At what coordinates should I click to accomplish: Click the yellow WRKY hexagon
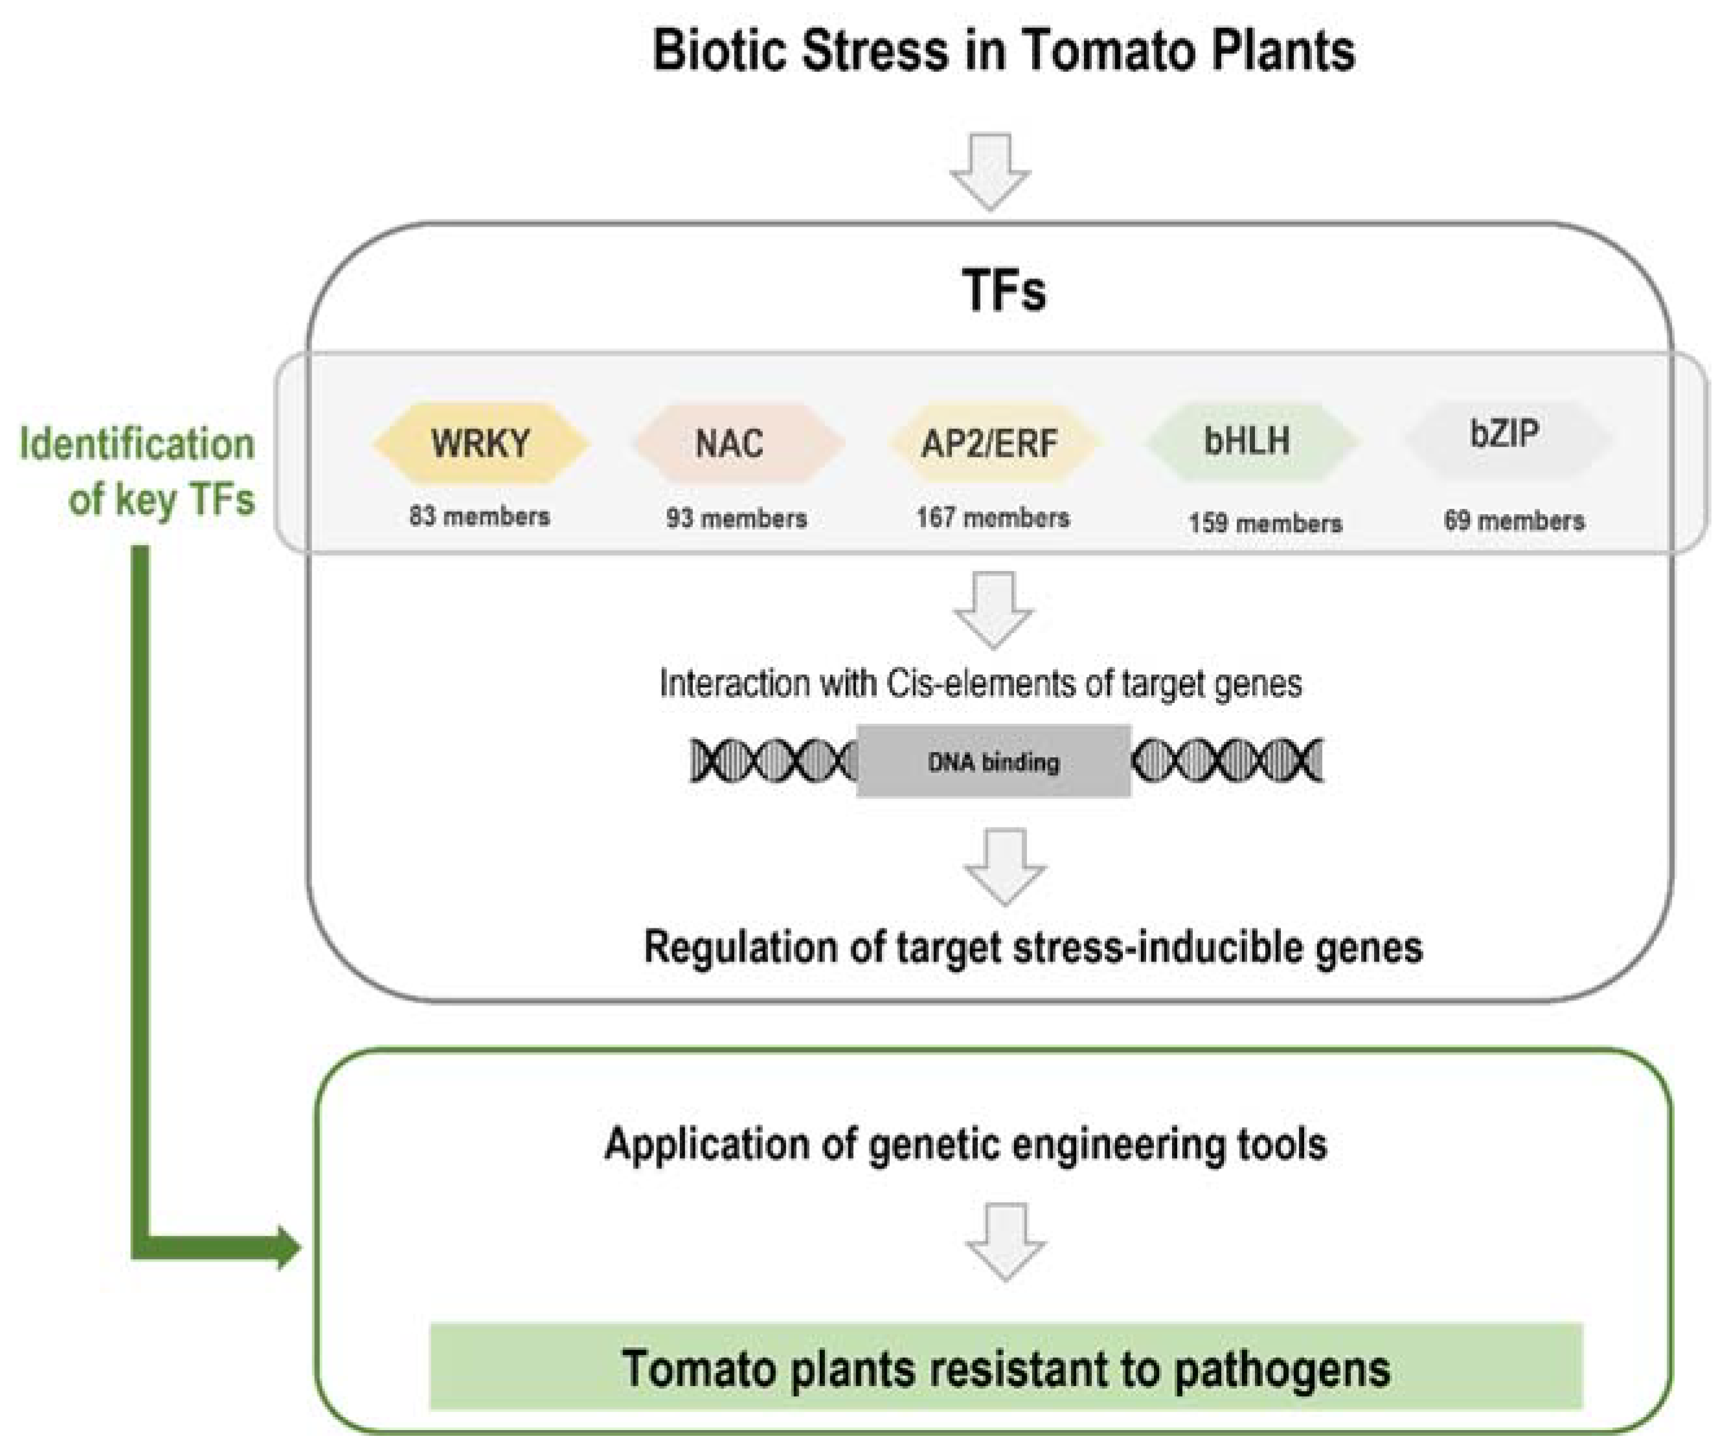point(480,443)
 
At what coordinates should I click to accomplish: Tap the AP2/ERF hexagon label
point(989,443)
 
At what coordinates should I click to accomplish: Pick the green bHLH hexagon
point(1248,441)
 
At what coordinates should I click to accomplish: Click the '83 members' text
point(480,517)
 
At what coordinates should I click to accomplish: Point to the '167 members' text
point(993,518)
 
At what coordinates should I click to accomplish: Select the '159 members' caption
point(1265,522)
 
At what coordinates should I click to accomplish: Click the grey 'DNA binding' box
point(993,761)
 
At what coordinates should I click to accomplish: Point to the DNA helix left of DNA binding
point(773,760)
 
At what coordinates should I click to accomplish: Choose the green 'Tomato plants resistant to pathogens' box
point(1006,1369)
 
